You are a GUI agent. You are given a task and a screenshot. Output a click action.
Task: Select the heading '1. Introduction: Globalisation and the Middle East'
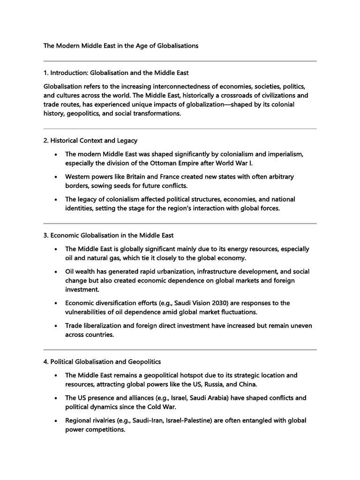coord(116,73)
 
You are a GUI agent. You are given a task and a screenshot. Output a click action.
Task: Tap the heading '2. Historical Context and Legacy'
coord(90,141)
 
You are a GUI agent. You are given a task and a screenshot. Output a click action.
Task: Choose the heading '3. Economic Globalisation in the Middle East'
coord(109,235)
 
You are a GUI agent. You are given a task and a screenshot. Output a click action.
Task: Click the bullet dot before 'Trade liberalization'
coord(56,326)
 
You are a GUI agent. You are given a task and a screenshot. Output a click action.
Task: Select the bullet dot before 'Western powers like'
coord(56,177)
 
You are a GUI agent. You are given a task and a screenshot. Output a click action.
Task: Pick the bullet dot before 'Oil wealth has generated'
coord(56,272)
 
